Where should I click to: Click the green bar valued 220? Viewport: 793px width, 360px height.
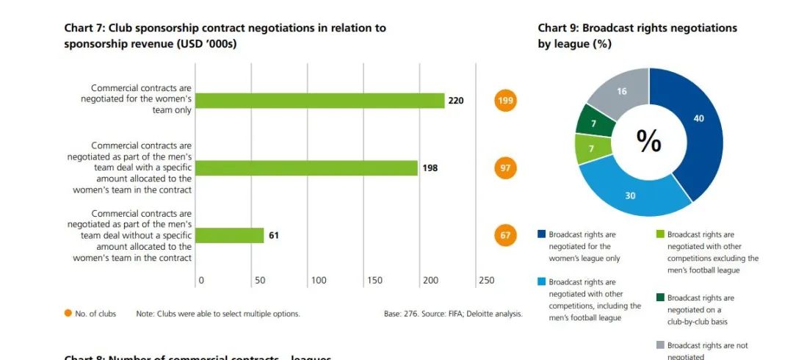tap(320, 101)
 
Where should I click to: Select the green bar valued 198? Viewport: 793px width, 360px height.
tap(307, 168)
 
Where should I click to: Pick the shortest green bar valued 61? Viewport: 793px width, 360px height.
tap(230, 235)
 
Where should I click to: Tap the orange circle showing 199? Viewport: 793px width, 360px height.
tap(505, 101)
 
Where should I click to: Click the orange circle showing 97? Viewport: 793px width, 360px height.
tap(505, 168)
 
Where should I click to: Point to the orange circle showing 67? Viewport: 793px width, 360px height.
tap(505, 236)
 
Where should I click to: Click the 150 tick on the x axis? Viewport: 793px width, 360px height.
tap(374, 281)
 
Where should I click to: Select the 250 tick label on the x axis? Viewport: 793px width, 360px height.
tap(486, 281)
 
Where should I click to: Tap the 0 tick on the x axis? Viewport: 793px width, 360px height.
tap(201, 281)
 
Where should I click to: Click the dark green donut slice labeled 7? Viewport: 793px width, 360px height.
tap(593, 123)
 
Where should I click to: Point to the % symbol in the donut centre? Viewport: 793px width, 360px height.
tap(648, 141)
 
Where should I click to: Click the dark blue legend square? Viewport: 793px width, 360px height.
tap(541, 235)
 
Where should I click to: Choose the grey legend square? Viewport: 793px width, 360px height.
tap(660, 345)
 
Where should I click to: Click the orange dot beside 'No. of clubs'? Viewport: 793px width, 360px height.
tap(68, 314)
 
